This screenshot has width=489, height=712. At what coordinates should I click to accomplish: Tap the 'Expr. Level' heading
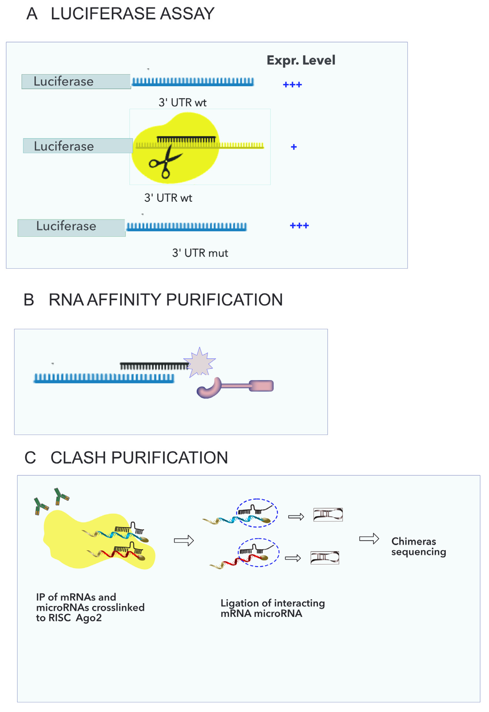(x=301, y=60)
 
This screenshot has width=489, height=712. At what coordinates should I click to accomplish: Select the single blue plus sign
(x=294, y=147)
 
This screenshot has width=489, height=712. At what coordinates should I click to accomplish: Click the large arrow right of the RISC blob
(x=184, y=540)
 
